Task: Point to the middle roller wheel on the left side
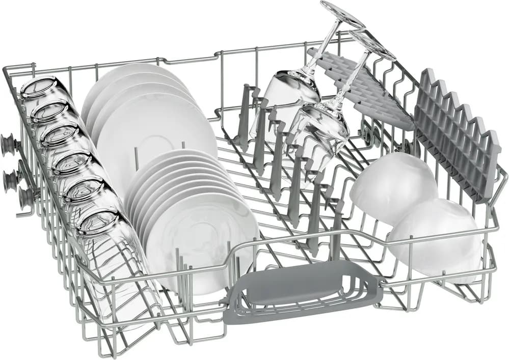[x=11, y=178]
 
